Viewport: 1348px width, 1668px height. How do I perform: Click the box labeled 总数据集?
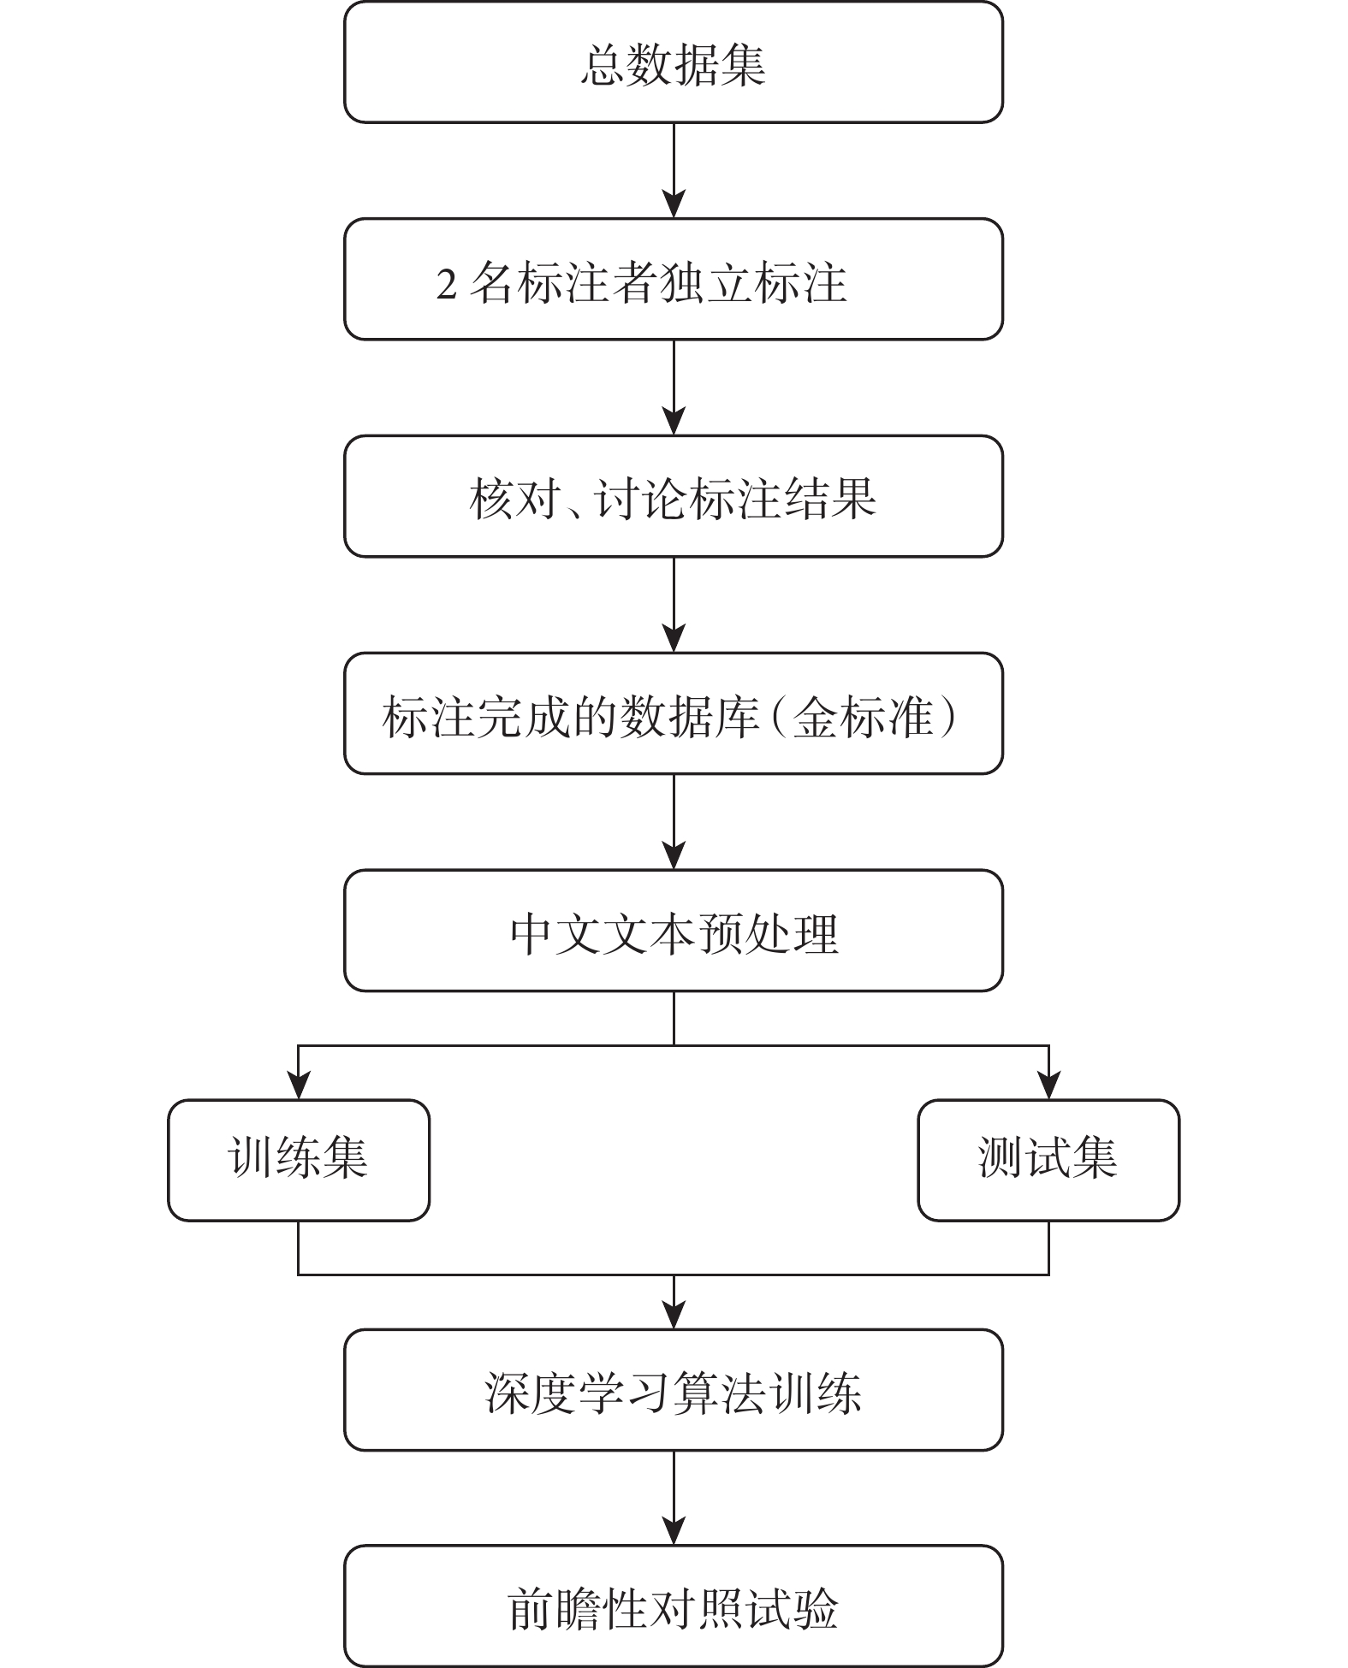coord(674,62)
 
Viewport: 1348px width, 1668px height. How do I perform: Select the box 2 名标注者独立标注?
coord(674,280)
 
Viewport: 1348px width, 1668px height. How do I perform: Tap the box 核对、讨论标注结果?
coord(674,497)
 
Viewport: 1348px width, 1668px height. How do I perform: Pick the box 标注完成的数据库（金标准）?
coord(674,714)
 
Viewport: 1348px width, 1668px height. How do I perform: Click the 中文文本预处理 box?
coord(674,932)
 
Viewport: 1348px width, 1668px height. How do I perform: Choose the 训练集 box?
coord(299,1161)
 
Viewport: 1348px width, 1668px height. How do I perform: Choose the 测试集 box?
coord(1048,1161)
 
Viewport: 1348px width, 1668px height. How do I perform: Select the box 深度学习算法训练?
coord(674,1390)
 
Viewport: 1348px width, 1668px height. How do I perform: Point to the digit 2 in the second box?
coord(446,284)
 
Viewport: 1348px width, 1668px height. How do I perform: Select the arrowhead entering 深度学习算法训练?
coord(674,1316)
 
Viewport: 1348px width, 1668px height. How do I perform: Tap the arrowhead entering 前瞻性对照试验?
coord(674,1532)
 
